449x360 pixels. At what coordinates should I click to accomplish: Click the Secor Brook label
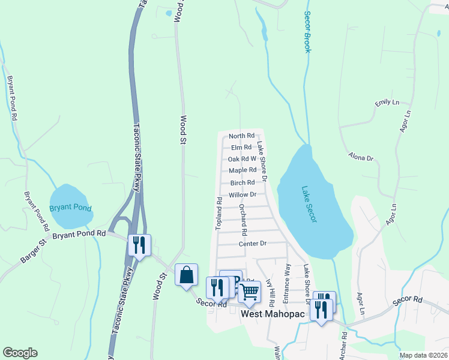307,32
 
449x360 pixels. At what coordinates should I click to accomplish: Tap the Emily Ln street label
387,103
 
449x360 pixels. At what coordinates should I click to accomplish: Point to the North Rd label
242,136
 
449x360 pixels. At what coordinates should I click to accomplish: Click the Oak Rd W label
243,159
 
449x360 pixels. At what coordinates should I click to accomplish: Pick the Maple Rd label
243,170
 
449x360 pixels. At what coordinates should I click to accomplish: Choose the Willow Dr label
243,194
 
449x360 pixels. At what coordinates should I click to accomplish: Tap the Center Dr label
252,244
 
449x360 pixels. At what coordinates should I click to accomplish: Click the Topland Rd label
219,212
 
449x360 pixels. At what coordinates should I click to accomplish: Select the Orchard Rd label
243,219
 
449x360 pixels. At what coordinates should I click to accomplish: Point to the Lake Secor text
309,204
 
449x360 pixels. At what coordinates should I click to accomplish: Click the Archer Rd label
344,346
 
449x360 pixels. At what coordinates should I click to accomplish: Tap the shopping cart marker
249,292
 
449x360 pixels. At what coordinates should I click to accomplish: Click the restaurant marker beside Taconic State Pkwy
140,245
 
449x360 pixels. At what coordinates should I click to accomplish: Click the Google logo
20,353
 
